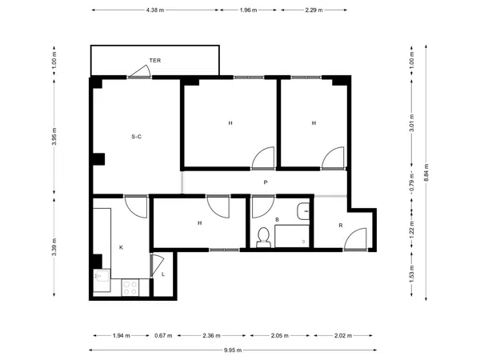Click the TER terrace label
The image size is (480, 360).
(155, 60)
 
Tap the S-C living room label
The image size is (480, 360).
(136, 137)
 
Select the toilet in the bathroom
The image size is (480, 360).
(263, 238)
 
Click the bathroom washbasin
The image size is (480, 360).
(303, 211)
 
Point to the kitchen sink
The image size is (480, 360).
(102, 275)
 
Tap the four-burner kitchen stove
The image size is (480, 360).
(130, 287)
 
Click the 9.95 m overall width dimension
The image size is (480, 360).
(233, 350)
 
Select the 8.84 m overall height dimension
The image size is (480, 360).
(426, 173)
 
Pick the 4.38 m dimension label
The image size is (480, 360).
(155, 10)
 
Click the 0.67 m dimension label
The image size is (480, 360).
(163, 335)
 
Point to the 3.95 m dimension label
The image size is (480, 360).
(54, 136)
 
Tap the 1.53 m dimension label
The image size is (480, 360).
(412, 274)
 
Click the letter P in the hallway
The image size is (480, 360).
(266, 182)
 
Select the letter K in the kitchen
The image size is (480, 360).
(121, 247)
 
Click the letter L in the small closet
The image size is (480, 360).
(163, 274)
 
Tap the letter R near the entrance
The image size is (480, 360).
(341, 226)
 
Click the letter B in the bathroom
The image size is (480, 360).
(277, 219)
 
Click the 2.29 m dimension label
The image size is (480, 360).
(314, 10)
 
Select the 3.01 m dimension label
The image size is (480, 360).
(412, 122)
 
